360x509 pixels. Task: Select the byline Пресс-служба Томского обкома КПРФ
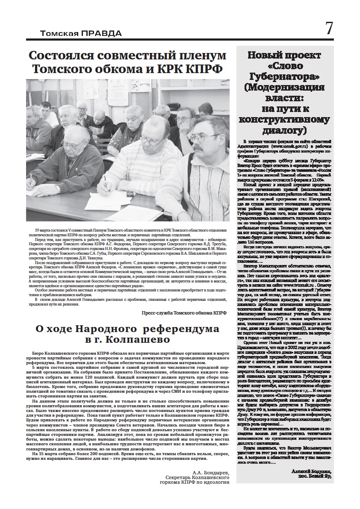184,313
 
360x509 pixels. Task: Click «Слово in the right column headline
284,66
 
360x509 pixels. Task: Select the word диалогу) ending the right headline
284,129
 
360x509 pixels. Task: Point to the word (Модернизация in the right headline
284,87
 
